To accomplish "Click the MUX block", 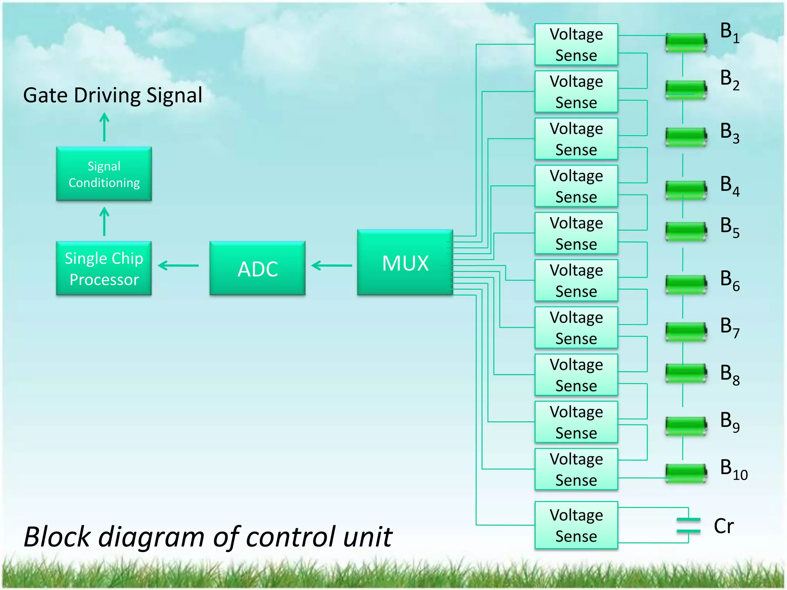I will click(x=405, y=263).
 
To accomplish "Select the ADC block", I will click(x=257, y=268).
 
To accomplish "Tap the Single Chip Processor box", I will click(x=104, y=268).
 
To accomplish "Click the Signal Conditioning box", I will click(x=104, y=174).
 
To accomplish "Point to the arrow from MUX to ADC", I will click(x=331, y=265).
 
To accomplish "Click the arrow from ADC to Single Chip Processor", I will click(x=178, y=265).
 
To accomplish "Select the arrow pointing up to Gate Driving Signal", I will click(x=104, y=127).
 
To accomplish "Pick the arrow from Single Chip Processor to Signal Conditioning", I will click(x=104, y=221).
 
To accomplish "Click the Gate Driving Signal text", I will click(x=113, y=95).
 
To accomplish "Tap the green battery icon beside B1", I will click(x=686, y=43).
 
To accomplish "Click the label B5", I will click(x=729, y=227).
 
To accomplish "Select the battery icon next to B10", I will click(x=686, y=473).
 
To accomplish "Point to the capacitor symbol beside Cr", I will click(x=688, y=525).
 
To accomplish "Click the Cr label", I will click(x=724, y=526).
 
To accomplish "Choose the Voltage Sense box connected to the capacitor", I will click(x=576, y=525).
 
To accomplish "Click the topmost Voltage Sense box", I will click(x=576, y=45).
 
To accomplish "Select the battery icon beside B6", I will click(x=686, y=285).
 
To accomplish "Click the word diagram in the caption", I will click(x=151, y=537).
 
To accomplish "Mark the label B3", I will click(x=729, y=133).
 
